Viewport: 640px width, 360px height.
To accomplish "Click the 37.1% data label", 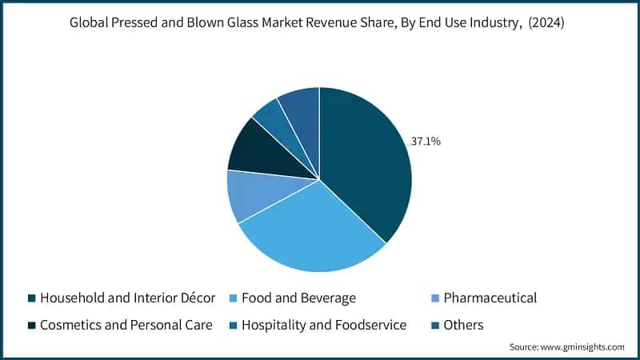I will click(426, 142).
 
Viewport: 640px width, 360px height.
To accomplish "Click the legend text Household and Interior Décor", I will click(128, 298).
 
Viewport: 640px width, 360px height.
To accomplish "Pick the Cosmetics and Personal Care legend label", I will click(126, 325).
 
